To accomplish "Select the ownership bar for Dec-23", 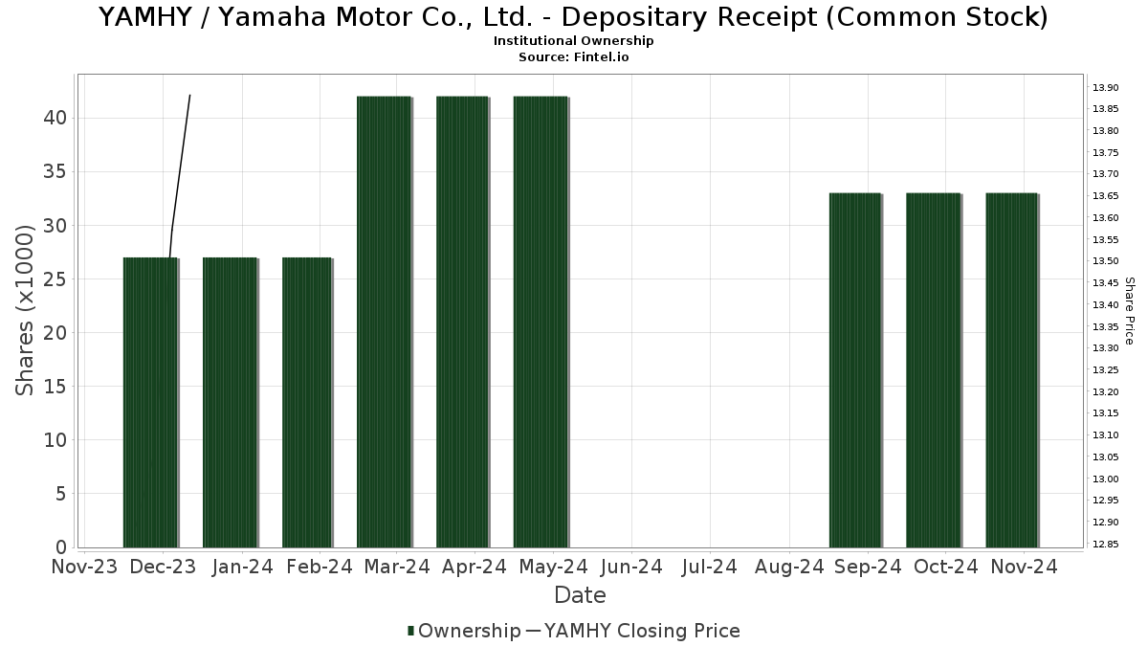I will (150, 402).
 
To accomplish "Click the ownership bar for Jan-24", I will (230, 402).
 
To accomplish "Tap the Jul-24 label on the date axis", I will (709, 567).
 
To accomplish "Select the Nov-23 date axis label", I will (84, 567).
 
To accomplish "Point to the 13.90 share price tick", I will (1105, 87).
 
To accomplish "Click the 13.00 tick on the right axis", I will (1105, 479).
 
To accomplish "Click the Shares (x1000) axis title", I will (26, 309).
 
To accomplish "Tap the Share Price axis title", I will (1130, 311).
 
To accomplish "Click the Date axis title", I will (580, 595).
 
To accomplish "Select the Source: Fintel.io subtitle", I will (574, 57).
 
